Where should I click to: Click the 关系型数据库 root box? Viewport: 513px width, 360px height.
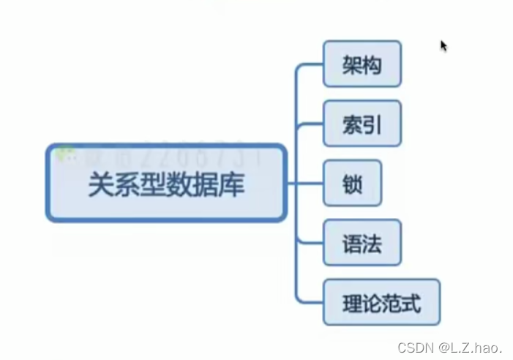[x=166, y=183]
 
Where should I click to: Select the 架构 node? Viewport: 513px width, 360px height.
[x=362, y=64]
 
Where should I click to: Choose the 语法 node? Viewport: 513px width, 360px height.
[x=362, y=242]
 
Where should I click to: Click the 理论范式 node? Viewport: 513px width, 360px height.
[x=381, y=301]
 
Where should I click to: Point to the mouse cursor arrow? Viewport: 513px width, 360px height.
[x=443, y=45]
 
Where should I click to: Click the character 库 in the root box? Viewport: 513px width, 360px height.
[x=233, y=184]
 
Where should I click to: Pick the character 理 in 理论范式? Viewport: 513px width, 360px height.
[x=351, y=302]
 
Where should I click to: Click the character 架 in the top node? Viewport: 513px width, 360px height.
[x=352, y=65]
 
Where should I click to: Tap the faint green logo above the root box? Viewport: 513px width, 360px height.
[x=67, y=152]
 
